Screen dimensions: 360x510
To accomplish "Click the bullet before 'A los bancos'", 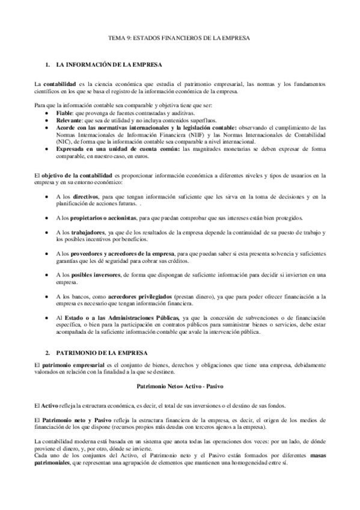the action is (47, 297).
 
